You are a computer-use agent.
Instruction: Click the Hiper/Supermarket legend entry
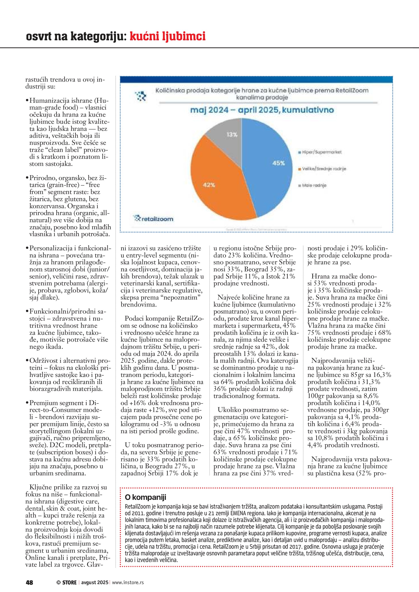pos(320,152)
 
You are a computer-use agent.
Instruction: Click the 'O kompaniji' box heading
pos(145,497)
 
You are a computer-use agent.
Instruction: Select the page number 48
pos(29,582)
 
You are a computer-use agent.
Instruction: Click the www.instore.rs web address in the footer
pos(128,582)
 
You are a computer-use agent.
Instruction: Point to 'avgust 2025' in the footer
pos(95,582)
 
